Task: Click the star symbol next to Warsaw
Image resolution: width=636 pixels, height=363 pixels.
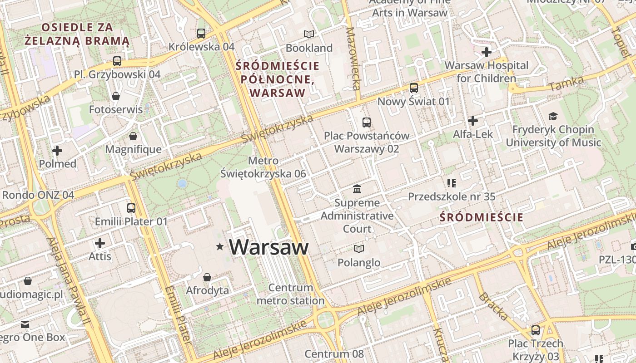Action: (x=220, y=247)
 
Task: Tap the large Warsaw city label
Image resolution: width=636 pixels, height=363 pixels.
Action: (x=268, y=247)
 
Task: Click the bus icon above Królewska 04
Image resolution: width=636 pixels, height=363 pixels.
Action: (x=201, y=33)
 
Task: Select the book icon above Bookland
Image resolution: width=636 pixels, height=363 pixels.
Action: (x=309, y=34)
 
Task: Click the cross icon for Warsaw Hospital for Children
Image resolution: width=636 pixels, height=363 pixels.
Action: (x=487, y=52)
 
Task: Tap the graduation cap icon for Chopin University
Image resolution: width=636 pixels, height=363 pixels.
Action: (x=553, y=117)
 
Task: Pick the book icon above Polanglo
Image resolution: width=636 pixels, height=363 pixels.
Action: (x=359, y=249)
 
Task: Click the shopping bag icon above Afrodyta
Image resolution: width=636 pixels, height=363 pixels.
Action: (x=207, y=277)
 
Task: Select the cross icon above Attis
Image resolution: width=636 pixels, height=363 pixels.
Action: (x=100, y=243)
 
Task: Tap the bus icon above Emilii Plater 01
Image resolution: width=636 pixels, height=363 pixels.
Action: (x=131, y=208)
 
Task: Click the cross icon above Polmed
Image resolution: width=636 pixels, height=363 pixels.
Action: (x=57, y=150)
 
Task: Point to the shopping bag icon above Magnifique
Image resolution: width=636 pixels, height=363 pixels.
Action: (x=133, y=136)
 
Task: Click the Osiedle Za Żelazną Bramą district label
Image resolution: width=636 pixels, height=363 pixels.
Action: (x=77, y=34)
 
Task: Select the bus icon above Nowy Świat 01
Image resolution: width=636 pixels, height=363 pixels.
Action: (x=413, y=88)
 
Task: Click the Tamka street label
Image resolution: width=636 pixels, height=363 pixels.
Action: (x=566, y=83)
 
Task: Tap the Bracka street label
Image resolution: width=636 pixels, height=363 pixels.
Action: (x=493, y=307)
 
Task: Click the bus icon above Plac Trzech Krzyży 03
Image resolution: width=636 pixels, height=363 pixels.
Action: (x=536, y=330)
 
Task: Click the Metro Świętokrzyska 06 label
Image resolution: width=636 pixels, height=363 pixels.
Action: (x=263, y=167)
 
